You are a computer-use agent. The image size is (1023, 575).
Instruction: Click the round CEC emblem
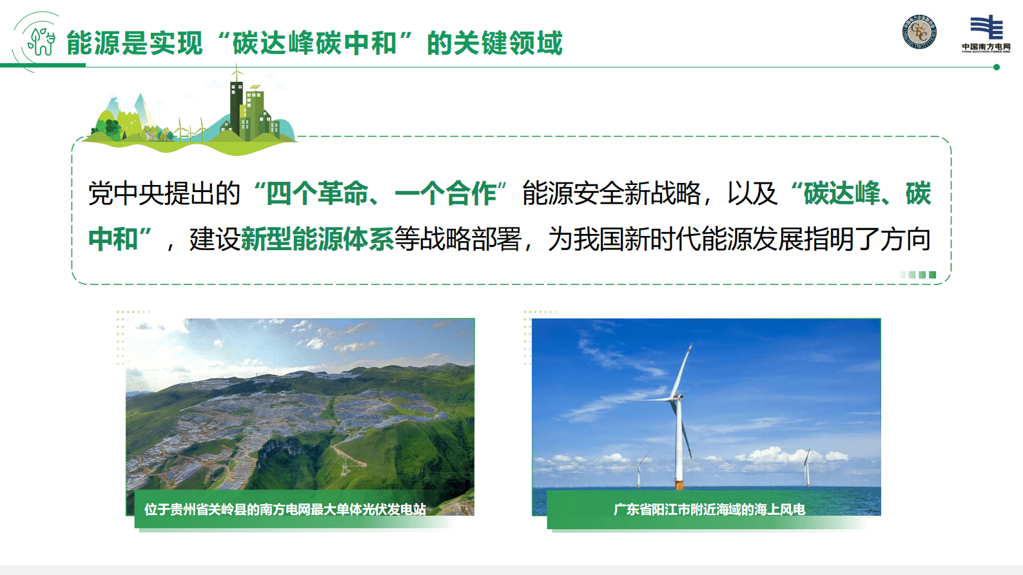[919, 32]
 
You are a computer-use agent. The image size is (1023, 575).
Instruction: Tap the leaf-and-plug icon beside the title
[41, 41]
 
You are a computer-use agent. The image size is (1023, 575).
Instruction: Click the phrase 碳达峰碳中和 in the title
[315, 43]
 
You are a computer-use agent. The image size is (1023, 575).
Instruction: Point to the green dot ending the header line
[997, 67]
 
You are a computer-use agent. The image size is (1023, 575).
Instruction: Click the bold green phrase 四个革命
[317, 193]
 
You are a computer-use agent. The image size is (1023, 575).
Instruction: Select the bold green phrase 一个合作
[445, 193]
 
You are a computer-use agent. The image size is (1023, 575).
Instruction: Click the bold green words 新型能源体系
[317, 239]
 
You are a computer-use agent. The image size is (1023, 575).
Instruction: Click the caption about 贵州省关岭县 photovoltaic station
[285, 509]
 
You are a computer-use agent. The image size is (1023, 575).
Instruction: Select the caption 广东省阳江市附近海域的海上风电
[709, 509]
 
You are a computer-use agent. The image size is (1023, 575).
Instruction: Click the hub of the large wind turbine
[676, 396]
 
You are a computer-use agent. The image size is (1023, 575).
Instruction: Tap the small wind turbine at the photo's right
[807, 467]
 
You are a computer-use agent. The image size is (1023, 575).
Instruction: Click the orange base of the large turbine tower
[679, 483]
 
